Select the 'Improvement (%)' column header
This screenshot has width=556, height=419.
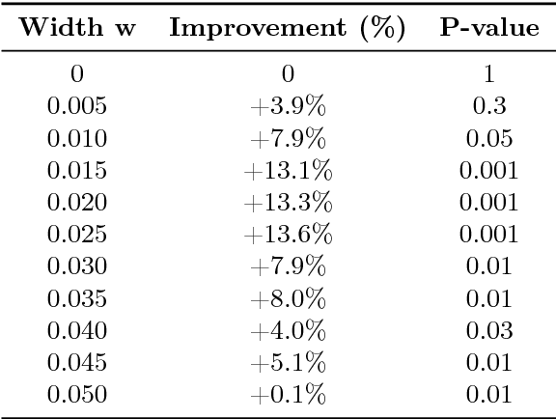point(287,30)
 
